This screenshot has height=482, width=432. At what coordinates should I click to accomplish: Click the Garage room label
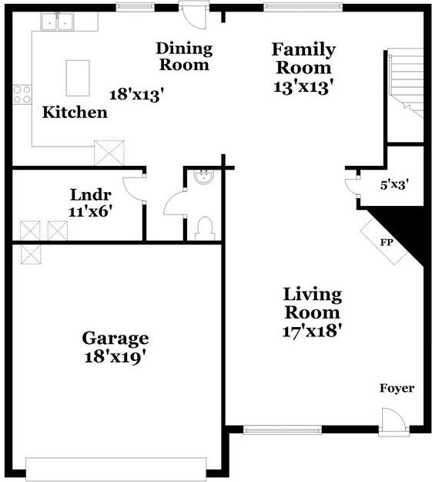[x=116, y=338]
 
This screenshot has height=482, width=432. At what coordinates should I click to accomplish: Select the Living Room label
[x=313, y=303]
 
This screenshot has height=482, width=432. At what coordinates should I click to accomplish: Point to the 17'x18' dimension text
[x=313, y=331]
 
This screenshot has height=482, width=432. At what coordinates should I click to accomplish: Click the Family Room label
[x=303, y=59]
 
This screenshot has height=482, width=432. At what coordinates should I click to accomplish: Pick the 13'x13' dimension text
[x=303, y=86]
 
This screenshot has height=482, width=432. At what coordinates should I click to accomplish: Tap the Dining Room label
[x=184, y=56]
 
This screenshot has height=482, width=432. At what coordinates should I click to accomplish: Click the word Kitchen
[x=74, y=113]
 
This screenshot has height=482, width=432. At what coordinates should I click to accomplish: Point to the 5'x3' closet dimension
[x=394, y=185]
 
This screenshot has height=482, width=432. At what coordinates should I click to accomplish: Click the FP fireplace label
[x=387, y=241]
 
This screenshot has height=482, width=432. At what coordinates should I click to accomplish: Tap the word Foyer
[x=397, y=388]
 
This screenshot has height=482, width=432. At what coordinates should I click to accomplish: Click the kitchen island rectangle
[x=77, y=76]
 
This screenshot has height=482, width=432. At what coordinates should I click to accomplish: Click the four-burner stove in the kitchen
[x=22, y=94]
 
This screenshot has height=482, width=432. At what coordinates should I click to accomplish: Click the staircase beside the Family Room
[x=406, y=81]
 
